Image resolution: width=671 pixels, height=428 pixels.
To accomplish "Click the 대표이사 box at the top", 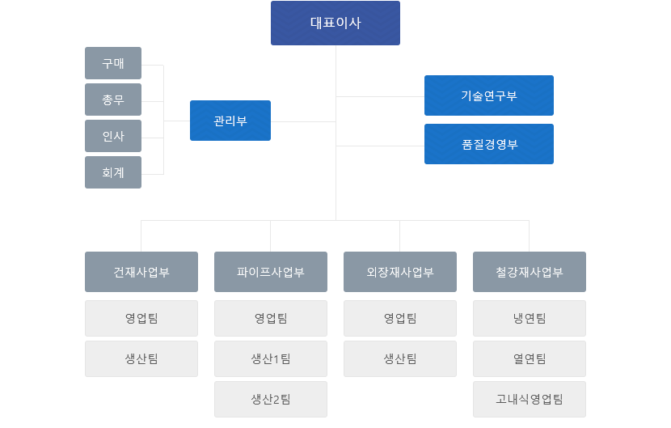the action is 335,23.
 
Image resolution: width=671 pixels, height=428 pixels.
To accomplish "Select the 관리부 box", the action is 230,121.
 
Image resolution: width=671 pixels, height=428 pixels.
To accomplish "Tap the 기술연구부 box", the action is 489,95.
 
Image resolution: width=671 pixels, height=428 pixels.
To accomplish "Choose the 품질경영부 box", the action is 489,144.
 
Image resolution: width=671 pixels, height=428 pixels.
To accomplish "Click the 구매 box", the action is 113,63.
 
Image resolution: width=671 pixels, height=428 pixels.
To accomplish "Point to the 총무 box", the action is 113,100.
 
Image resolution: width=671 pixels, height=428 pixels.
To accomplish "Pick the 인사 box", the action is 113,136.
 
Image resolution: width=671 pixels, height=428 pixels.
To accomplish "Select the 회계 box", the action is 113,172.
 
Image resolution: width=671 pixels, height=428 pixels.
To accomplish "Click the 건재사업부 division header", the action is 141,272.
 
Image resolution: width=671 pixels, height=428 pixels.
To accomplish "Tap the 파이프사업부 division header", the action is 271,272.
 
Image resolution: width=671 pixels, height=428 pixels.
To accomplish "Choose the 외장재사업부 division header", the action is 399,272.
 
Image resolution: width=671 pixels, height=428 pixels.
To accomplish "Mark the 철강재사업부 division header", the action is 530,272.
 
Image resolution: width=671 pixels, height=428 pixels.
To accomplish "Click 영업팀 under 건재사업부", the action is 141,318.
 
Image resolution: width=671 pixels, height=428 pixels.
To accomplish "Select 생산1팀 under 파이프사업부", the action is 271,358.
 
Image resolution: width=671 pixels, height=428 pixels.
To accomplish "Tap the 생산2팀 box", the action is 271,400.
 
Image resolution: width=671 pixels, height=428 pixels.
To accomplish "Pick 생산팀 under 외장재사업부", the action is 399,358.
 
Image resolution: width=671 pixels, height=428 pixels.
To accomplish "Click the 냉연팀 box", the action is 530,318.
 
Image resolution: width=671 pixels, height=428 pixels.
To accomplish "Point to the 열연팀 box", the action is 530,358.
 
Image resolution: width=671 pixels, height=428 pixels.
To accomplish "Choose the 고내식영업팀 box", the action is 530,400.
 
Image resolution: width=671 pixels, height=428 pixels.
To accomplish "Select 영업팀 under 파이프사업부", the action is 271,318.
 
